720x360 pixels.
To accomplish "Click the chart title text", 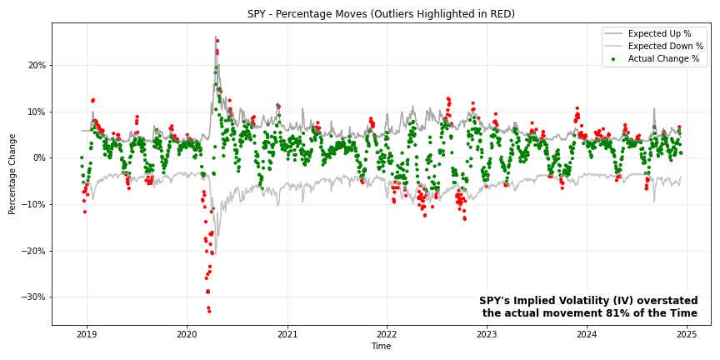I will [381, 14].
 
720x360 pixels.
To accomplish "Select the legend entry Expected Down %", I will [663, 46].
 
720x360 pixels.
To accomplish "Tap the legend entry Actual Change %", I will [663, 59].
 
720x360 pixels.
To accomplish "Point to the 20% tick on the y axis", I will [36, 65].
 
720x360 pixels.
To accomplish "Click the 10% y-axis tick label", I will [36, 112].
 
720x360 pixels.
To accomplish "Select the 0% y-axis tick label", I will [38, 157].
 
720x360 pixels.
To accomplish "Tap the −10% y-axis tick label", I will [34, 204].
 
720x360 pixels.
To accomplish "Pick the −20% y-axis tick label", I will [34, 251].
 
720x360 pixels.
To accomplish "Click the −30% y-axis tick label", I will [34, 297].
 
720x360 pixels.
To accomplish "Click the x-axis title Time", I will [381, 347].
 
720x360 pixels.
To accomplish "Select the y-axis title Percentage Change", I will [12, 173].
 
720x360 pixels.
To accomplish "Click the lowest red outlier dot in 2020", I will [209, 311].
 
